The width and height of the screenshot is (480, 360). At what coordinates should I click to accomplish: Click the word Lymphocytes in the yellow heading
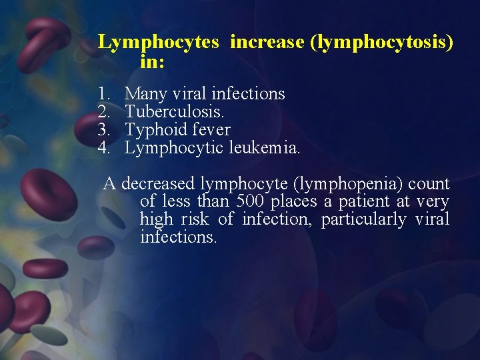click(158, 43)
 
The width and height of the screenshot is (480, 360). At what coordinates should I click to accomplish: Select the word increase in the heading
click(266, 43)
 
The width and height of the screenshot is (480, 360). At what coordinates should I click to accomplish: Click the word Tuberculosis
click(171, 112)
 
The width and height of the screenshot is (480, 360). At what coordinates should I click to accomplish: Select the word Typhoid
click(153, 130)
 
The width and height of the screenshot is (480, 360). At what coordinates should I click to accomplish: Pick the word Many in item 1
click(144, 94)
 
